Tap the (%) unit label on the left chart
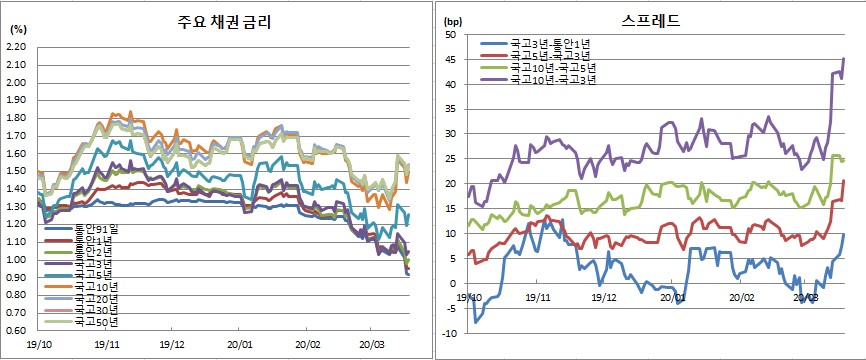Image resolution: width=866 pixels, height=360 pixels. (17, 29)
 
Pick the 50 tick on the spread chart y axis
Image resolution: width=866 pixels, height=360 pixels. (451, 35)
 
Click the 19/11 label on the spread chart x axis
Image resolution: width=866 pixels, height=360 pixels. (537, 298)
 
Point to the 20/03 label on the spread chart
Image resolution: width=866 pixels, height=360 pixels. (806, 298)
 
